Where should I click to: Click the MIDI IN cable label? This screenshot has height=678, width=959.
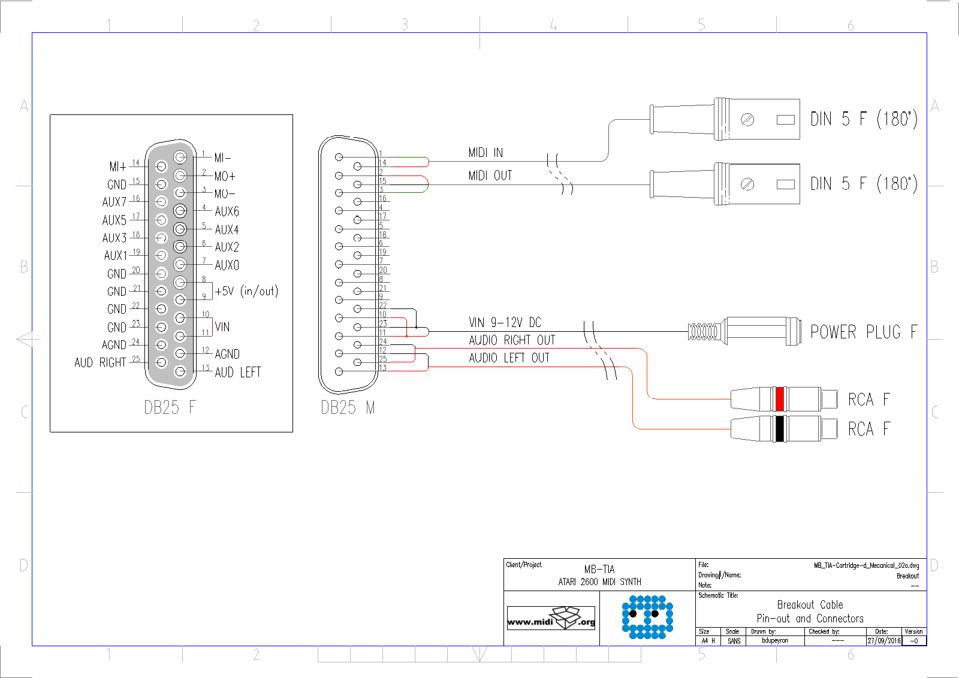click(485, 153)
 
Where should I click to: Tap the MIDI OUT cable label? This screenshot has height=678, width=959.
click(490, 175)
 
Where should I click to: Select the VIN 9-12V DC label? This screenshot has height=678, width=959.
click(505, 323)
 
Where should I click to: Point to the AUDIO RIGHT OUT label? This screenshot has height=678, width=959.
click(512, 340)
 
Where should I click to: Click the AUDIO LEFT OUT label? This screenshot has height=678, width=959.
click(509, 358)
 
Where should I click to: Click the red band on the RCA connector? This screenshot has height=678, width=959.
click(780, 399)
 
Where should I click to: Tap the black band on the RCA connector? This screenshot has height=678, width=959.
click(780, 429)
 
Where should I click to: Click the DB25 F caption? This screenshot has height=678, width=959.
click(170, 408)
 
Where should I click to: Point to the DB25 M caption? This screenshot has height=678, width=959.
click(348, 408)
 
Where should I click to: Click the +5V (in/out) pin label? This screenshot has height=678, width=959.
click(246, 291)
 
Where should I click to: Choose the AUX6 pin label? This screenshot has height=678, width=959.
click(227, 211)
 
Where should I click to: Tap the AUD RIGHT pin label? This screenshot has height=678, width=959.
click(100, 363)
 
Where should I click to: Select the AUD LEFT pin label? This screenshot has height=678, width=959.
click(237, 373)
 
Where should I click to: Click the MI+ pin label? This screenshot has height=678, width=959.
click(117, 167)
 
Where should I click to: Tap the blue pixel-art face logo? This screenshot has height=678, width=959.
click(647, 617)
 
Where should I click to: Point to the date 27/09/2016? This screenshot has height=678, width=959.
click(884, 641)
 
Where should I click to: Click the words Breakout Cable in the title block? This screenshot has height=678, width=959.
click(810, 605)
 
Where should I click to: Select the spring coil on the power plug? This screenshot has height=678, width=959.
click(703, 331)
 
